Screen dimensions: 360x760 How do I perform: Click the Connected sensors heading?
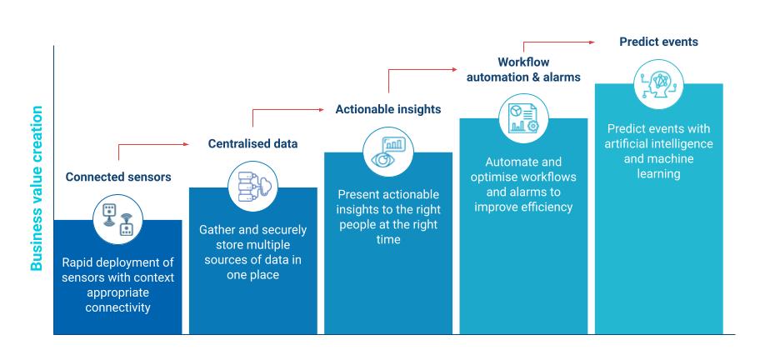point(118,177)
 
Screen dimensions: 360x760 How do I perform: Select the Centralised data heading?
point(252,143)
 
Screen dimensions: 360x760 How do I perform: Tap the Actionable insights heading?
point(388,109)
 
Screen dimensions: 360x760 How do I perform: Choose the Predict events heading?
point(658,42)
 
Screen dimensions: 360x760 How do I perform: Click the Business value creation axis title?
point(37,187)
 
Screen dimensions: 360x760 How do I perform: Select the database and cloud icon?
point(252,184)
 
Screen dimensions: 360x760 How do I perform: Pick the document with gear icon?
point(523,116)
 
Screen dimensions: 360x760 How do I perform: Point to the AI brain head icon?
point(658,82)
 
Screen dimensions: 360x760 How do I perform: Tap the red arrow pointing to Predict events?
point(558,42)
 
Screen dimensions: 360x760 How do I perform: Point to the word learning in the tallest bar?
point(658,173)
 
